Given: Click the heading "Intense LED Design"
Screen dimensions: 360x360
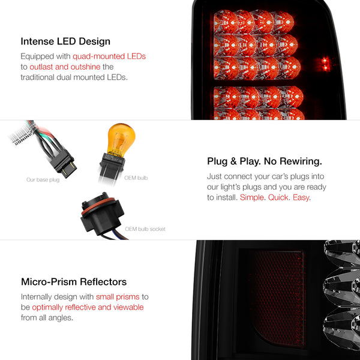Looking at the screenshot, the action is tap(65, 41).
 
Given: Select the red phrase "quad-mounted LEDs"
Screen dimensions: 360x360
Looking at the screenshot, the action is tap(109, 56).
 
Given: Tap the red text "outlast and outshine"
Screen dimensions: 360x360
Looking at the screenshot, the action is tap(65, 67).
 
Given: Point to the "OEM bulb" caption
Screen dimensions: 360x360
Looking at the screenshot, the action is tap(136, 178).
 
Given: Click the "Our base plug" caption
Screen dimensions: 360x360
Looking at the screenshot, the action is tap(43, 180).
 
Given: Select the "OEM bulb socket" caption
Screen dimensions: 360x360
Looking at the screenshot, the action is tap(145, 229).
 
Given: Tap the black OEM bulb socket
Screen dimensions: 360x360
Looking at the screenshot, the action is tap(102, 215).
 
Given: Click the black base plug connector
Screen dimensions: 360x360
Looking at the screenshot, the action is tap(62, 163).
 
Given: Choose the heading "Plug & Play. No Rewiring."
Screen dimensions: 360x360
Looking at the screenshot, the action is tap(265, 161).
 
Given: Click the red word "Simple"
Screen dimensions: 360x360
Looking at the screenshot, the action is tap(252, 197).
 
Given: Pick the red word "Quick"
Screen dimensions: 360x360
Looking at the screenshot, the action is tap(278, 197).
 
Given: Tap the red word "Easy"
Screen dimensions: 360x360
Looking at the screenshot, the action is tap(301, 197).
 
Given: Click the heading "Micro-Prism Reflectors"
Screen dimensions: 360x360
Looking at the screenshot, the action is tap(74, 282).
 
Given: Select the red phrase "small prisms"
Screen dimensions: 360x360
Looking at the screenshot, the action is tap(118, 297).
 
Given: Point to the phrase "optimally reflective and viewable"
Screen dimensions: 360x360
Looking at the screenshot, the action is tap(88, 307).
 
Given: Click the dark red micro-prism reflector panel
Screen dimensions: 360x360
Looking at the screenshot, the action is tap(277, 298).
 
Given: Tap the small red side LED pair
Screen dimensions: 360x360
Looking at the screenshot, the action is tap(325, 64).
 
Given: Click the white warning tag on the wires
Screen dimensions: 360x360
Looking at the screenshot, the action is tap(22, 136).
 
